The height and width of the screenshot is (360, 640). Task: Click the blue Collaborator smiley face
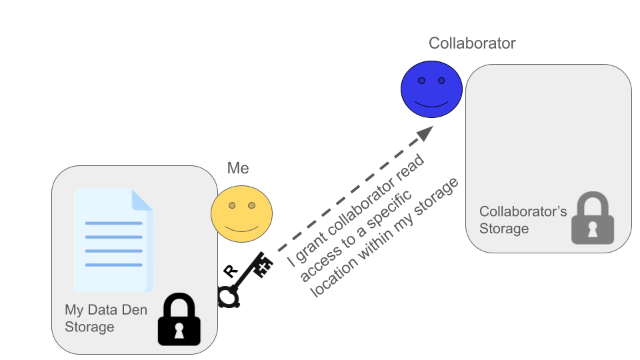tap(431, 89)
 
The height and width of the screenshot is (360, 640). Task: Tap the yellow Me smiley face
tap(241, 214)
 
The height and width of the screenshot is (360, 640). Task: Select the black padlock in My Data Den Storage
tap(178, 321)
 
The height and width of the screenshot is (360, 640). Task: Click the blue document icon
tap(113, 241)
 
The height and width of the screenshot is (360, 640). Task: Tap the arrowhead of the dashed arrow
tap(424, 133)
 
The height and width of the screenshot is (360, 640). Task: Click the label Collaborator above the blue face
tap(472, 43)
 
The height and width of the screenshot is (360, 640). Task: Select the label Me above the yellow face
tap(238, 168)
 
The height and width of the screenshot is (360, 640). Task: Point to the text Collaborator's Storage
tap(523, 220)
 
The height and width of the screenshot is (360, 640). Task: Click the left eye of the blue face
tap(421, 81)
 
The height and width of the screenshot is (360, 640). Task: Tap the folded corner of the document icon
tap(142, 199)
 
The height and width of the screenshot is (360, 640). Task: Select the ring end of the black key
tap(228, 295)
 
